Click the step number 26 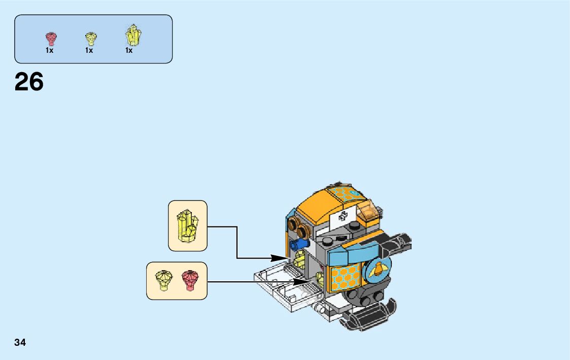pos(29,82)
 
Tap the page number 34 pos(20,342)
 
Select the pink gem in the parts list pos(51,39)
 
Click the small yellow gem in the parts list pos(90,39)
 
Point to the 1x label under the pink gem pos(49,50)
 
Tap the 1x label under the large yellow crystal pos(129,50)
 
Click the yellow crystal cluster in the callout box pos(187,225)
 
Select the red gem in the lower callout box pos(190,280)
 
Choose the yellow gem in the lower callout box pos(164,280)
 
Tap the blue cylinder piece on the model pos(299,245)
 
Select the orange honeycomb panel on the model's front pos(345,279)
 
